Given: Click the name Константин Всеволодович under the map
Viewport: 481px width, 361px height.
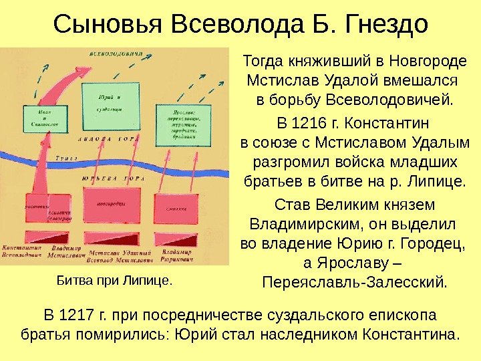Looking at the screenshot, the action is coord(22,251).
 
